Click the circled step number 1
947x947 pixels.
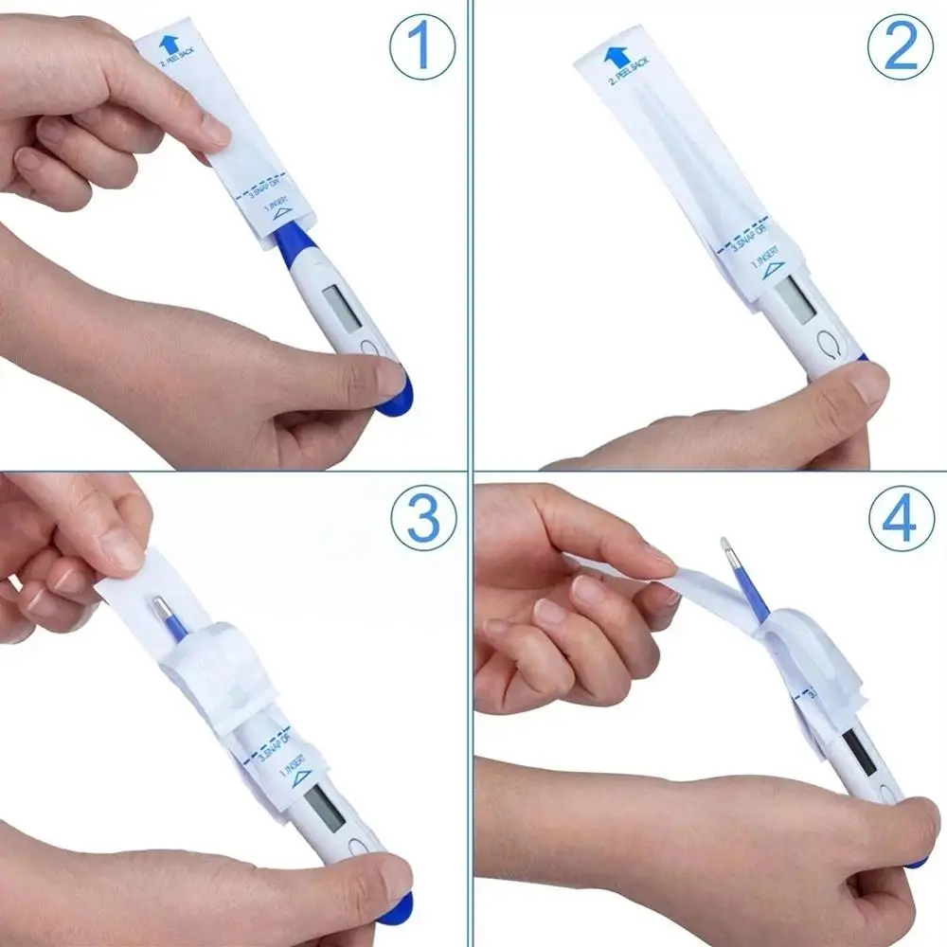tap(422, 47)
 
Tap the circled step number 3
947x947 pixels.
tap(422, 519)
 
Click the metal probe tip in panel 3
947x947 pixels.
tap(160, 605)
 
